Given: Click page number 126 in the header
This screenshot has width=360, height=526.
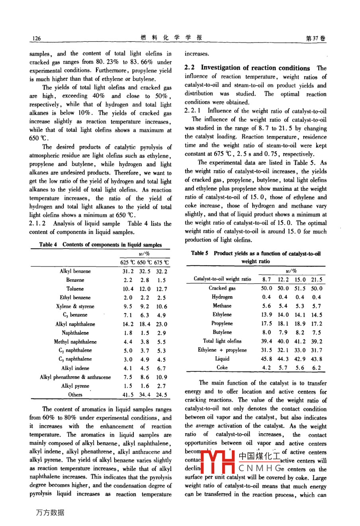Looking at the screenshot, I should click(x=36, y=38).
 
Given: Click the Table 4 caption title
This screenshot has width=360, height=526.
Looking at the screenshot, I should click(x=100, y=245).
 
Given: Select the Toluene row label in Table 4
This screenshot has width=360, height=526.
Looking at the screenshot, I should click(x=75, y=289).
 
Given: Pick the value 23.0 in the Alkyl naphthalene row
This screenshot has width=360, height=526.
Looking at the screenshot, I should click(x=161, y=324).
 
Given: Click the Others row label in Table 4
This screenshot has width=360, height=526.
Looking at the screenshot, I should click(x=75, y=394).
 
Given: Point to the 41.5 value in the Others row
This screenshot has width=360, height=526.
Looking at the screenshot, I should click(x=128, y=395).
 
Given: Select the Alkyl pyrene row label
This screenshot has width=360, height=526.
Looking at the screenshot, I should click(x=75, y=386).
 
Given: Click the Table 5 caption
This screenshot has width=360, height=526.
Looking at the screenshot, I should click(x=255, y=257).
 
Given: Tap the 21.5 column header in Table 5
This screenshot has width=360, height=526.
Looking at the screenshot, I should click(x=317, y=279).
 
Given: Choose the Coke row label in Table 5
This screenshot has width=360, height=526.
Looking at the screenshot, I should click(x=222, y=367).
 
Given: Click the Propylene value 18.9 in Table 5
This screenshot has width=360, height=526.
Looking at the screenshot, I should click(x=299, y=324).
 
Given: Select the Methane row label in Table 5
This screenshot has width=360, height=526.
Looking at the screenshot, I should click(x=222, y=306).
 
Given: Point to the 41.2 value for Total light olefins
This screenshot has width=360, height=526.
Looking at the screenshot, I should click(x=299, y=341).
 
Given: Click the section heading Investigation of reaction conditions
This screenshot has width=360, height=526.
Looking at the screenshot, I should click(x=255, y=68).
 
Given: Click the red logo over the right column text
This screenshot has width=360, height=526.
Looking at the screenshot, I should click(x=219, y=463).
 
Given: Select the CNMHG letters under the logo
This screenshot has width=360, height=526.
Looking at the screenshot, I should click(x=261, y=469).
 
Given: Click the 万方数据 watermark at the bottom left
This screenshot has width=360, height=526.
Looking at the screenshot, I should click(x=50, y=512).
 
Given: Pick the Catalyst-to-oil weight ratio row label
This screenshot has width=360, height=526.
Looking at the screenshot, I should click(x=222, y=279).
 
